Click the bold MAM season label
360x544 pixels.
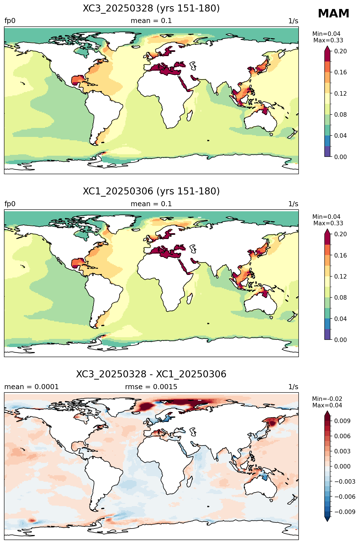tap(333, 14)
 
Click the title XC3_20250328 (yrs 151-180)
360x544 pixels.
tap(151, 8)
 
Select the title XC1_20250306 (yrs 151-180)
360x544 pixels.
tap(151, 191)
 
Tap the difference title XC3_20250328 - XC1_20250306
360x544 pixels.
tap(151, 374)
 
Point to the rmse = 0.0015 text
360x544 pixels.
tap(151, 387)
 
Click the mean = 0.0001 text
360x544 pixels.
tap(31, 387)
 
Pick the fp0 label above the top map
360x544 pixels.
tap(10, 21)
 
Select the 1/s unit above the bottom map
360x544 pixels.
tap(293, 387)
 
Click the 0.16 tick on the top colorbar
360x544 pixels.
tap(340, 72)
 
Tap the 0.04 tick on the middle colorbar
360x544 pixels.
tap(340, 319)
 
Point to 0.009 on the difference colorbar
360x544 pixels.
tap(342, 421)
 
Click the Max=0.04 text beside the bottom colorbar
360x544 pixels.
tap(327, 405)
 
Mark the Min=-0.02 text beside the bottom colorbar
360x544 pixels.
tap(327, 399)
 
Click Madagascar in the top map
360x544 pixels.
tap(190, 115)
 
